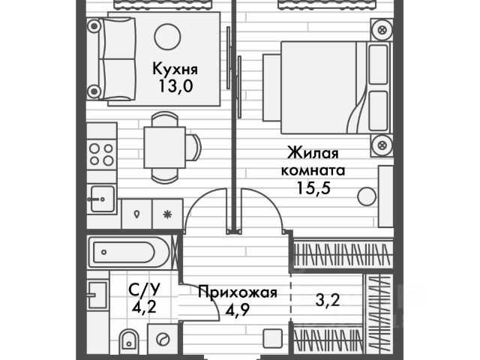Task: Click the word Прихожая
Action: coord(238,292)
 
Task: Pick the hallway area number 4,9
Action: coord(238,307)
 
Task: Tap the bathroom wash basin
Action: coord(95,295)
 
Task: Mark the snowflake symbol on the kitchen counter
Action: coord(167,213)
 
